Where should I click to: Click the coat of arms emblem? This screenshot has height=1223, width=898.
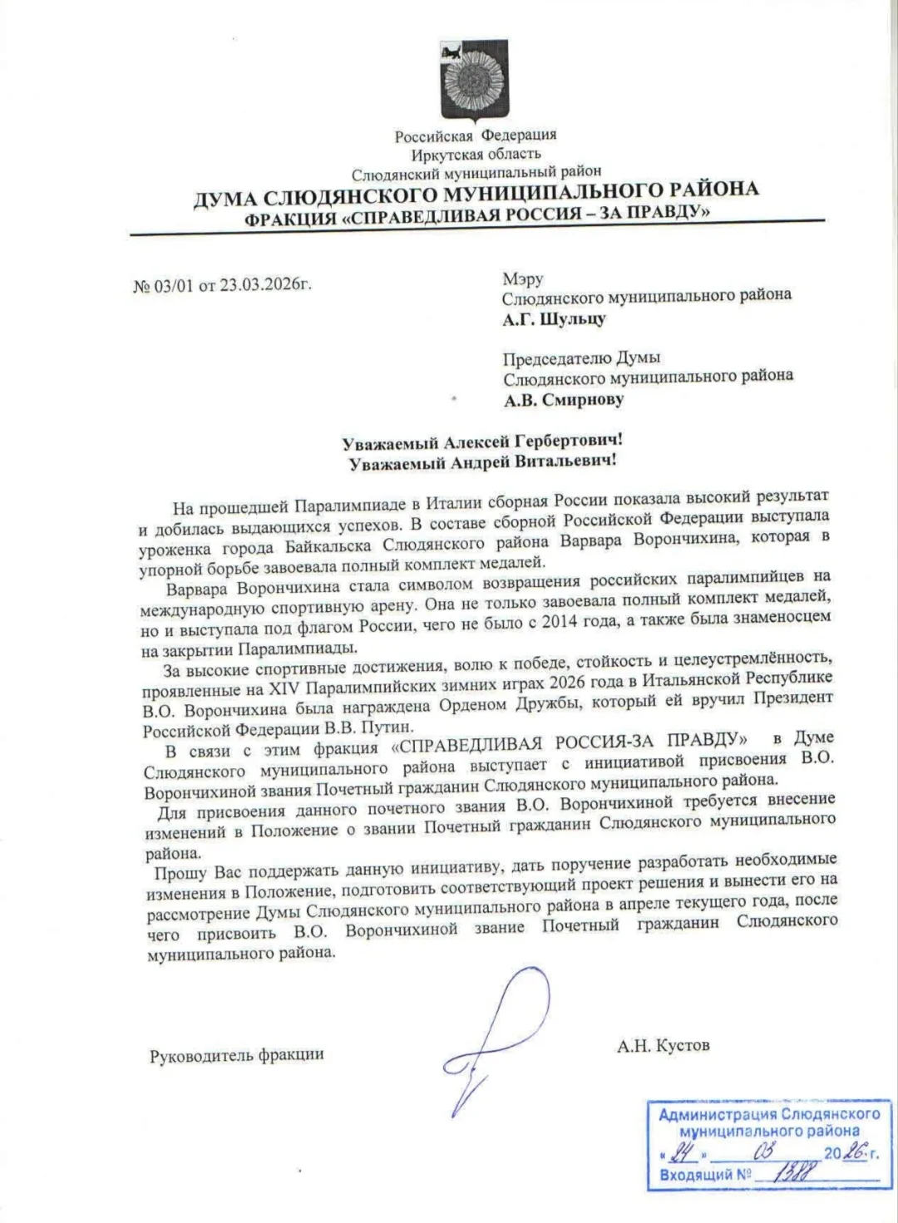[474, 81]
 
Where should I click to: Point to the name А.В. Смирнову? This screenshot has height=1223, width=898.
[563, 400]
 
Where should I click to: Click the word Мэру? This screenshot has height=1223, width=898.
[522, 279]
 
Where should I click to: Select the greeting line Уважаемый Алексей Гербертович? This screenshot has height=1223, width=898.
[482, 441]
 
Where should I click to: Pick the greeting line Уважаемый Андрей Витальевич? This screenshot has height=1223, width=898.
[483, 462]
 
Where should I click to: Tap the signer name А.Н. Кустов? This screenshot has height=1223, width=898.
[663, 1045]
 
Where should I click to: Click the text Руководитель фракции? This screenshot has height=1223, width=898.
[236, 1055]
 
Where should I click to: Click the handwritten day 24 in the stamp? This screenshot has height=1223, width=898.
[684, 1152]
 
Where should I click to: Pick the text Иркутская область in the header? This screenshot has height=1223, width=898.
[475, 154]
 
